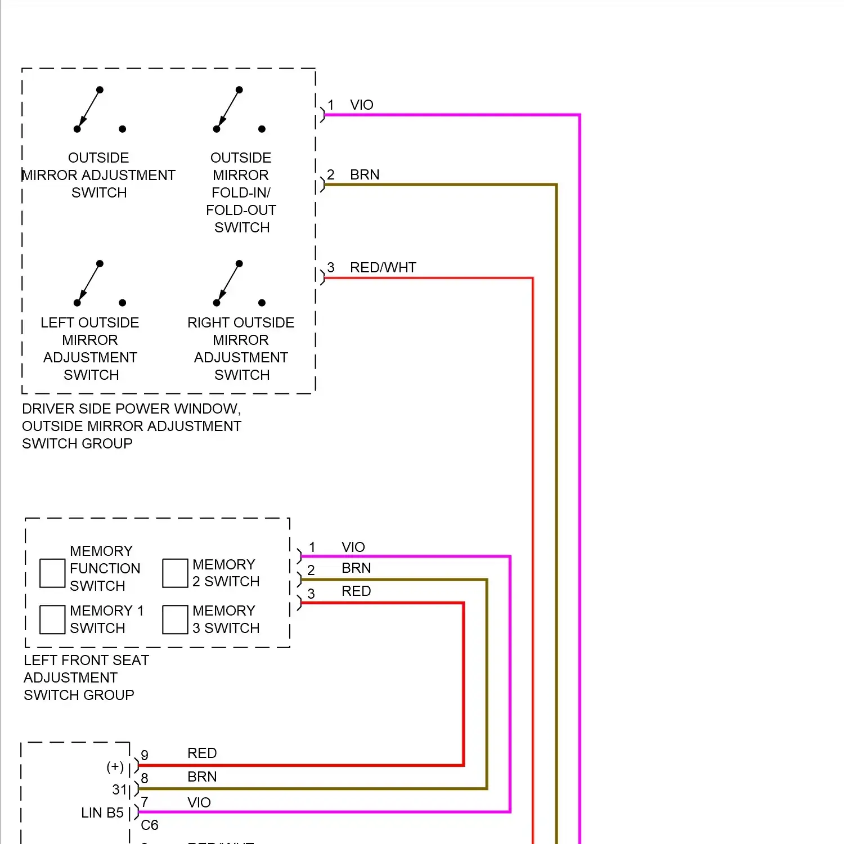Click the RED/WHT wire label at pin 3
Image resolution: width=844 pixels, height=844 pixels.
click(383, 267)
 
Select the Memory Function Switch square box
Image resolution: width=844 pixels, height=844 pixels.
click(52, 573)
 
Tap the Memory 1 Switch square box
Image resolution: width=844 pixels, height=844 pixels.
click(52, 619)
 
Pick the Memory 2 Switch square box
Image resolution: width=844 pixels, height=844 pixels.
click(175, 573)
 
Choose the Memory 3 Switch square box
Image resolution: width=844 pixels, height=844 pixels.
click(175, 619)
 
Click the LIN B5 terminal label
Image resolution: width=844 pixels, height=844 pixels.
click(102, 812)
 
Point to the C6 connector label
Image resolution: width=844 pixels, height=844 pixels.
click(150, 825)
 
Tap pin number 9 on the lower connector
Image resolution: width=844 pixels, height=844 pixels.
click(145, 755)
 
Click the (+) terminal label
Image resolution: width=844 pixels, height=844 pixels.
click(115, 766)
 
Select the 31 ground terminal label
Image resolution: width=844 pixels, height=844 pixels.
click(119, 789)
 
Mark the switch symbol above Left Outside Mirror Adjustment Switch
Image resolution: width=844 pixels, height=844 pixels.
click(99, 284)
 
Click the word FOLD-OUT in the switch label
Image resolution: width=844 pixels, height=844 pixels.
click(241, 210)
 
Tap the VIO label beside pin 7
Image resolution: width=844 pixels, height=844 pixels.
click(199, 802)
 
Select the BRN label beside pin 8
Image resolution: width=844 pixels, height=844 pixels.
click(202, 776)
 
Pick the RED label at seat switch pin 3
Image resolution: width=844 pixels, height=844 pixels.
click(356, 591)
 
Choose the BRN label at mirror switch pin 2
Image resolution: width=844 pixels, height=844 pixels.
click(365, 174)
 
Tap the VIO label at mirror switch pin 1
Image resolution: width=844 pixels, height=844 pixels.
click(361, 105)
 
